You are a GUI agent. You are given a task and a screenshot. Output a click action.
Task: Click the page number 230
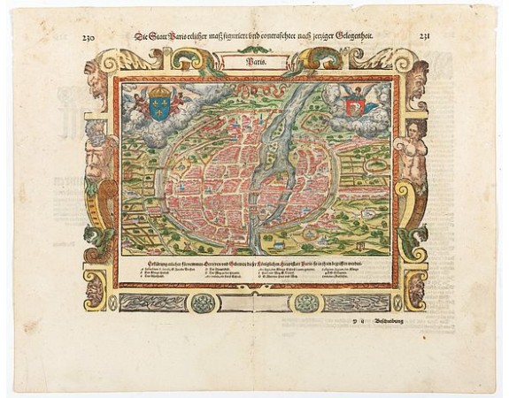[110, 38]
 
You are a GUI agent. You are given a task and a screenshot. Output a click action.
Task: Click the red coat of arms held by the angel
[358, 108]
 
